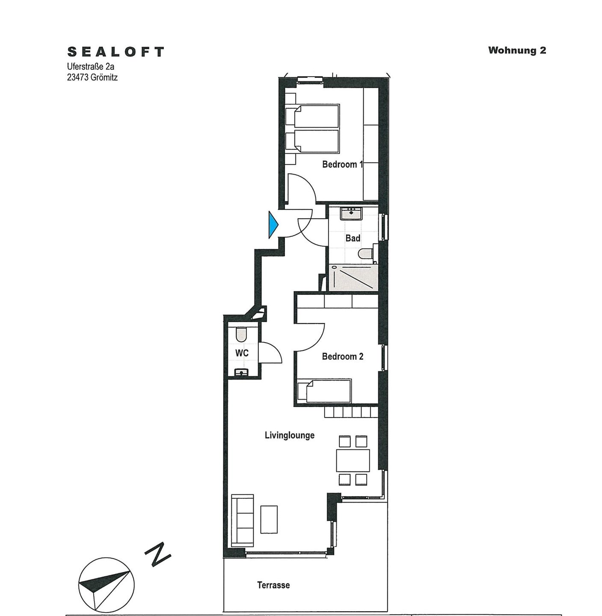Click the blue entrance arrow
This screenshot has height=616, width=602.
pos(273,225)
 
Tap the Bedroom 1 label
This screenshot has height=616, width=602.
pos(342,164)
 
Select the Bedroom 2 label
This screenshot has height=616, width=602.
pos(342,356)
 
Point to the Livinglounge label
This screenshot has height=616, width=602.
pos(289,435)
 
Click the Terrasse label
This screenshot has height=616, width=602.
pos(273,585)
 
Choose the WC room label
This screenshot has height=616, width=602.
pos(242,353)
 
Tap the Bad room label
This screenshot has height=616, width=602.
pos(353,238)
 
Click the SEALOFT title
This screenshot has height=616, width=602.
pos(116,52)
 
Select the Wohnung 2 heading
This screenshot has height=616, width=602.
pos(517,50)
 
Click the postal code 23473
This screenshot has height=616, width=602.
pos(77,77)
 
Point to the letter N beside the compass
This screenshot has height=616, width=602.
pos(158,554)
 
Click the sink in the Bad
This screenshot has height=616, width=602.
pos(351,213)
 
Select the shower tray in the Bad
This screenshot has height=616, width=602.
pos(353,278)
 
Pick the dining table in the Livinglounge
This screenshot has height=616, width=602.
pos(353,461)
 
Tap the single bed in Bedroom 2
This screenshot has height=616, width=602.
pos(324,391)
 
